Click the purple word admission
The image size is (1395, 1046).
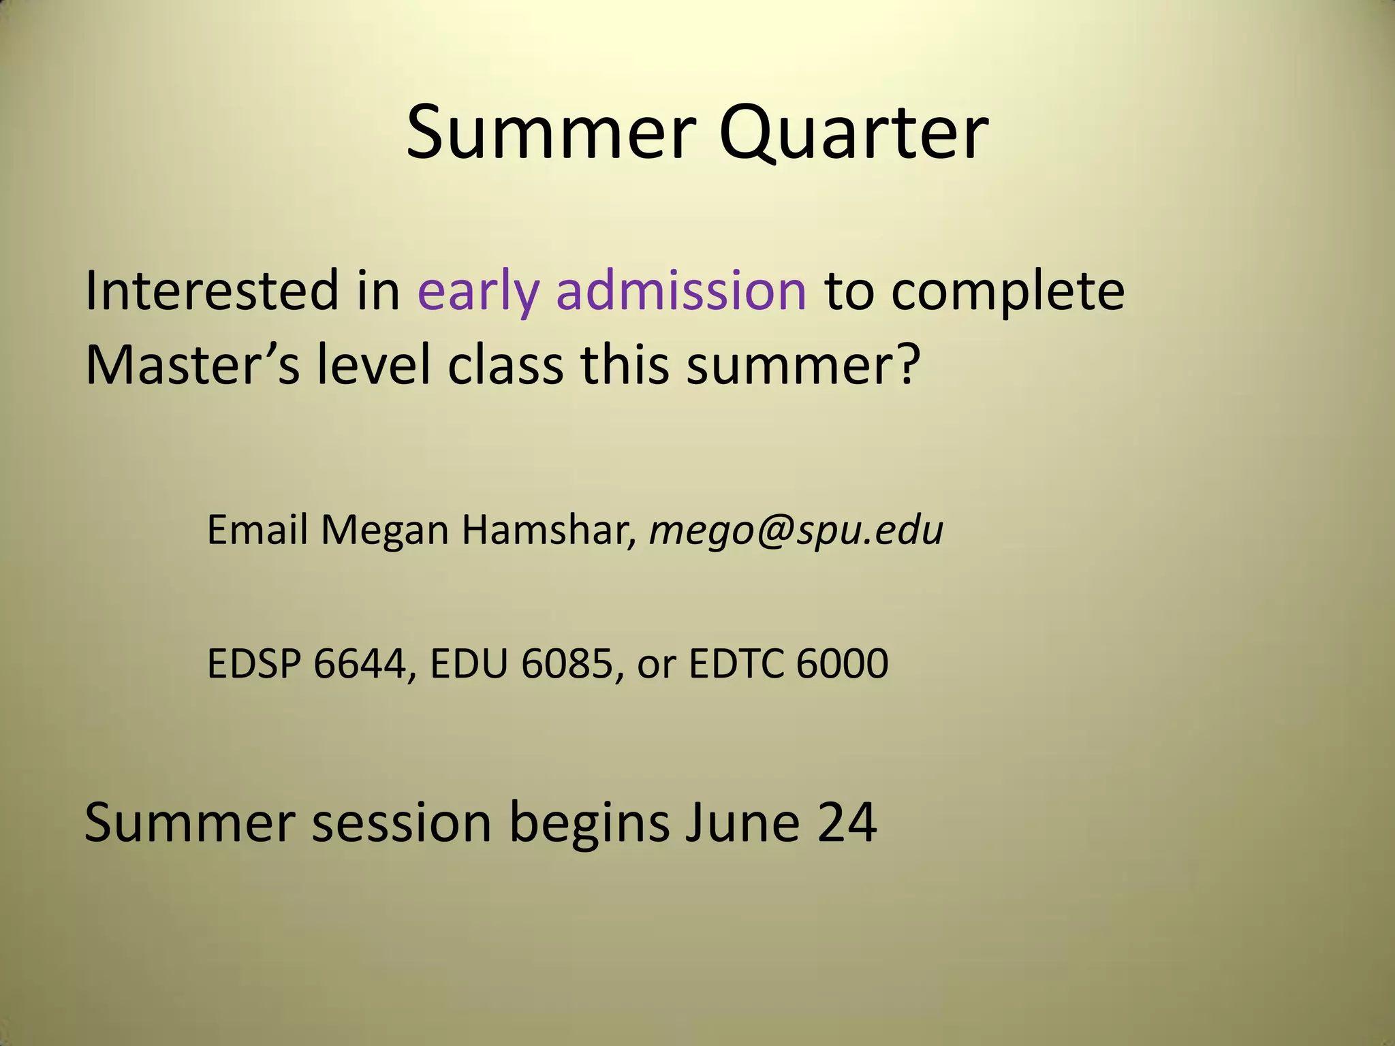pyautogui.click(x=681, y=291)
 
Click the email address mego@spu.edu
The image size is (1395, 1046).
pyautogui.click(x=796, y=532)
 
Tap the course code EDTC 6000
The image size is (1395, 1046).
pyautogui.click(x=788, y=664)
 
